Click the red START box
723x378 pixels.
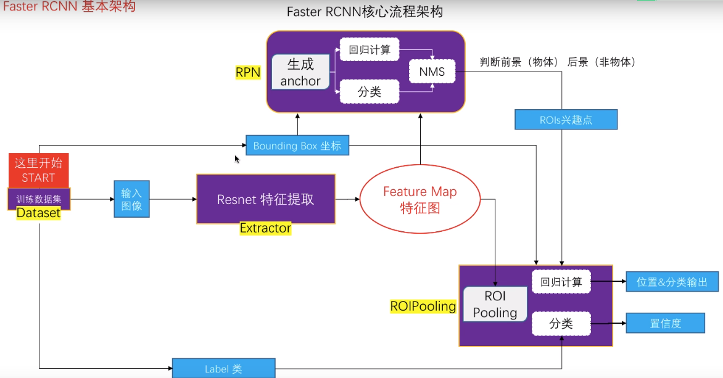click(39, 170)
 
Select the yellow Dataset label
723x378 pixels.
click(38, 213)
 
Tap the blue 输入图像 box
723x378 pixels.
click(131, 199)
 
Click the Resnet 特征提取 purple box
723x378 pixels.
click(266, 199)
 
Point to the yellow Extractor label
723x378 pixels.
click(265, 228)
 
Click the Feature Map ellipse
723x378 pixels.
click(419, 199)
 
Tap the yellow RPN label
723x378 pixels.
click(248, 72)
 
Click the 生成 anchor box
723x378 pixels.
click(300, 72)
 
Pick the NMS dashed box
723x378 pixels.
click(432, 72)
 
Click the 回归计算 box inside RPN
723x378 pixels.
click(370, 49)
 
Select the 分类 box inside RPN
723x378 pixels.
click(370, 92)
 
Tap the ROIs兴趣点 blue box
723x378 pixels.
click(566, 120)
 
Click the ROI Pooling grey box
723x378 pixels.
click(495, 304)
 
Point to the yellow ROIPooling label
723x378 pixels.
click(423, 306)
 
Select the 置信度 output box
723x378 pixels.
click(665, 323)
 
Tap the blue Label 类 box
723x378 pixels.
click(223, 369)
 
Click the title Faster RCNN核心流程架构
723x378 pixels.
click(365, 12)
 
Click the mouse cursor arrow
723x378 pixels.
click(237, 159)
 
